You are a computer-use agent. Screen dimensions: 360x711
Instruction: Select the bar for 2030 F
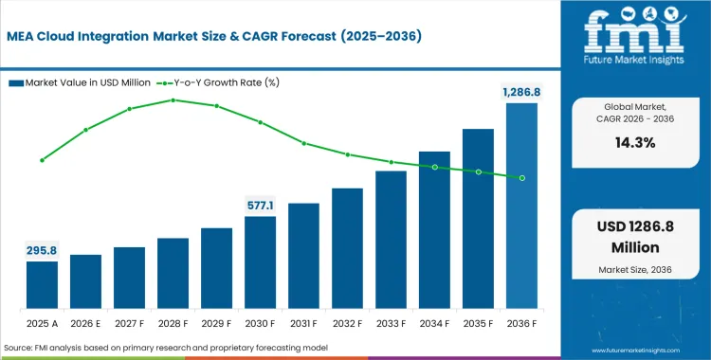click(x=260, y=262)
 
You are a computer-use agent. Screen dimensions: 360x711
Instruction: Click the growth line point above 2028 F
click(x=173, y=99)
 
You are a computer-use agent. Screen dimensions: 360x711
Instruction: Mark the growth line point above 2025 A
click(x=42, y=160)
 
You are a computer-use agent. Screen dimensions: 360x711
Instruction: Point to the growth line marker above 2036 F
click(x=521, y=178)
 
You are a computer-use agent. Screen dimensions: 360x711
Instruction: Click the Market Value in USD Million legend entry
click(x=81, y=82)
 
